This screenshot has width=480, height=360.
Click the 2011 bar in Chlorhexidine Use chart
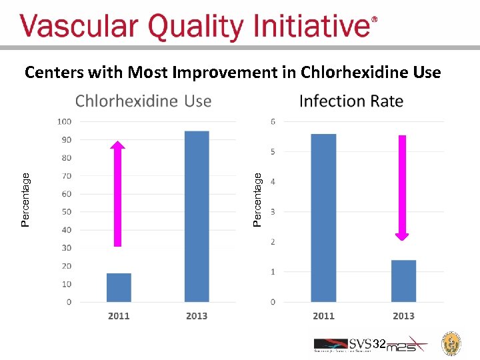click(119, 287)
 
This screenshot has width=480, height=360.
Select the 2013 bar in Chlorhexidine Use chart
click(197, 217)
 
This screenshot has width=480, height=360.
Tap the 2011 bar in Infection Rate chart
click(323, 218)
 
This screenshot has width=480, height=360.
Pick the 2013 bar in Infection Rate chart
click(403, 281)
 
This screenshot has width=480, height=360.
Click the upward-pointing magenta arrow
click(118, 193)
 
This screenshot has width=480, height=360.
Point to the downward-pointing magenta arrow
click(402, 187)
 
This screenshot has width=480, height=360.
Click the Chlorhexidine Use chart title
click(143, 101)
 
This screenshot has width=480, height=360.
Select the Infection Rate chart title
click(351, 101)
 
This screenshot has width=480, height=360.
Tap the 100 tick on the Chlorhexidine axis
click(65, 121)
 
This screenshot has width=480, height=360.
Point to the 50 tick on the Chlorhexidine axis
click(66, 212)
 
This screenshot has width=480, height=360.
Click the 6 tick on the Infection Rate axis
click(273, 121)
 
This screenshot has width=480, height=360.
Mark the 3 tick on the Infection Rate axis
click(273, 212)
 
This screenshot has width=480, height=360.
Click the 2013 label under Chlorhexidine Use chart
click(197, 316)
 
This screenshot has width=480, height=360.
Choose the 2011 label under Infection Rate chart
click(323, 316)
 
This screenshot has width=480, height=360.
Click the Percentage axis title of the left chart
click(25, 199)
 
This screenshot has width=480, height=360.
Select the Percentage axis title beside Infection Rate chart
click(257, 199)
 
